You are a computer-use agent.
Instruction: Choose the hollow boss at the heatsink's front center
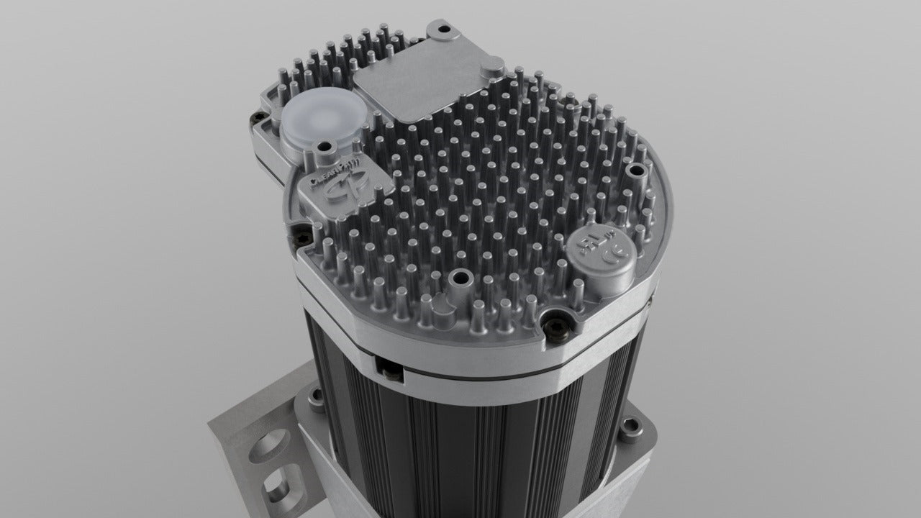(456, 277)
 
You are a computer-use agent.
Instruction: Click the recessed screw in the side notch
(389, 371)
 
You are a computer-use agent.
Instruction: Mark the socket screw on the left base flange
(314, 396)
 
